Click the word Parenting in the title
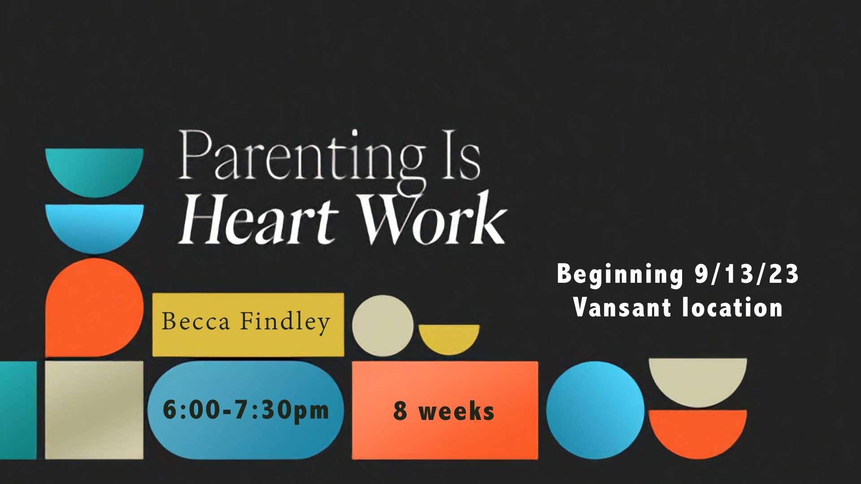[302, 161]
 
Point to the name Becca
[196, 321]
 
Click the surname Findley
[286, 322]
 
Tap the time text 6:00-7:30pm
[246, 410]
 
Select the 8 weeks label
[444, 411]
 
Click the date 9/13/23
[747, 274]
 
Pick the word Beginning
[620, 274]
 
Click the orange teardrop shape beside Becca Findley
[94, 307]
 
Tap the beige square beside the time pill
[94, 410]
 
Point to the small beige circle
[383, 326]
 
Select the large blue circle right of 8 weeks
[596, 410]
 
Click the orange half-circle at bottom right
[698, 433]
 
